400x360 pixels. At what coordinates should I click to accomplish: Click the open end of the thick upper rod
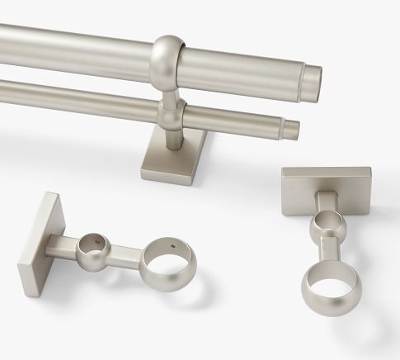314,82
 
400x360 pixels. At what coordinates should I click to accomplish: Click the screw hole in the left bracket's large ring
173,245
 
